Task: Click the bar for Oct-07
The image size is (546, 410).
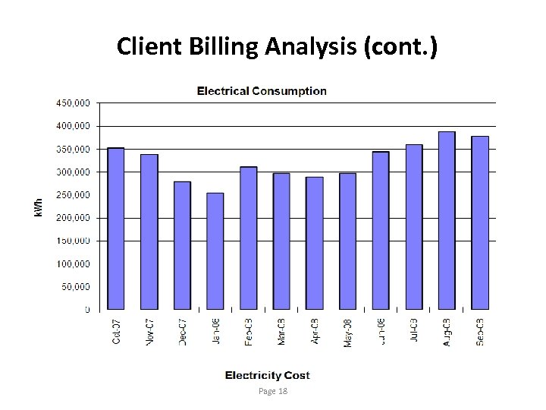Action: (116, 229)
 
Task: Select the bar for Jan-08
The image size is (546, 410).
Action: (215, 251)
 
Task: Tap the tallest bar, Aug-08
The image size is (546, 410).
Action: (447, 220)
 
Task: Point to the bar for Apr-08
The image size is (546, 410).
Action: (315, 243)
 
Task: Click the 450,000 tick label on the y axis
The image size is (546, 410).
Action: (72, 102)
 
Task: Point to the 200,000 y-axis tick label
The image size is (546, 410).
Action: (72, 218)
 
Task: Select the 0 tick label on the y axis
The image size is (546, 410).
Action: (87, 310)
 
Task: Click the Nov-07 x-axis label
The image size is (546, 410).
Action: (149, 331)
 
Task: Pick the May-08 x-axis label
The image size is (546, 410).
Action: (348, 331)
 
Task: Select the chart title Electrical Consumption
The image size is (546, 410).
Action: (262, 91)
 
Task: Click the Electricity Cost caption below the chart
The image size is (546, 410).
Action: (267, 375)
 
